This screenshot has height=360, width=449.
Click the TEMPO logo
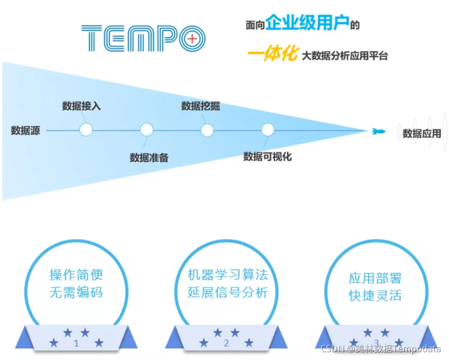coord(143,38)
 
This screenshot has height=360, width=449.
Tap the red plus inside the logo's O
coord(192,38)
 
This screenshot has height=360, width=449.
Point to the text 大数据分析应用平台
coord(345,55)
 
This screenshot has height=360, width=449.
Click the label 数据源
coord(25,131)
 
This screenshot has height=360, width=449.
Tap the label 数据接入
coord(81,105)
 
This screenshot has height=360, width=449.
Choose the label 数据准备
coord(149,158)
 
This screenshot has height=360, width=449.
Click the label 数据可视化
coord(268,156)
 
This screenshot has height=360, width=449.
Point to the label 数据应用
coord(422,133)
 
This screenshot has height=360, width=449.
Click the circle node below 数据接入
coord(85,130)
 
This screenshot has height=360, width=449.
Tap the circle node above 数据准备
coord(146,130)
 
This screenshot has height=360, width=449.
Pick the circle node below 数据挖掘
coord(207,130)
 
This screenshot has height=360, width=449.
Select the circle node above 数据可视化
coord(268,130)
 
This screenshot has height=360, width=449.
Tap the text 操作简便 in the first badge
coord(76,275)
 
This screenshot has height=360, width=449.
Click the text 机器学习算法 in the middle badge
coord(227,275)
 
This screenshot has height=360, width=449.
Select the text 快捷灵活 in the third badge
coord(375,295)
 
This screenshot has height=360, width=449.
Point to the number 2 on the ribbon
coord(226,343)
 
